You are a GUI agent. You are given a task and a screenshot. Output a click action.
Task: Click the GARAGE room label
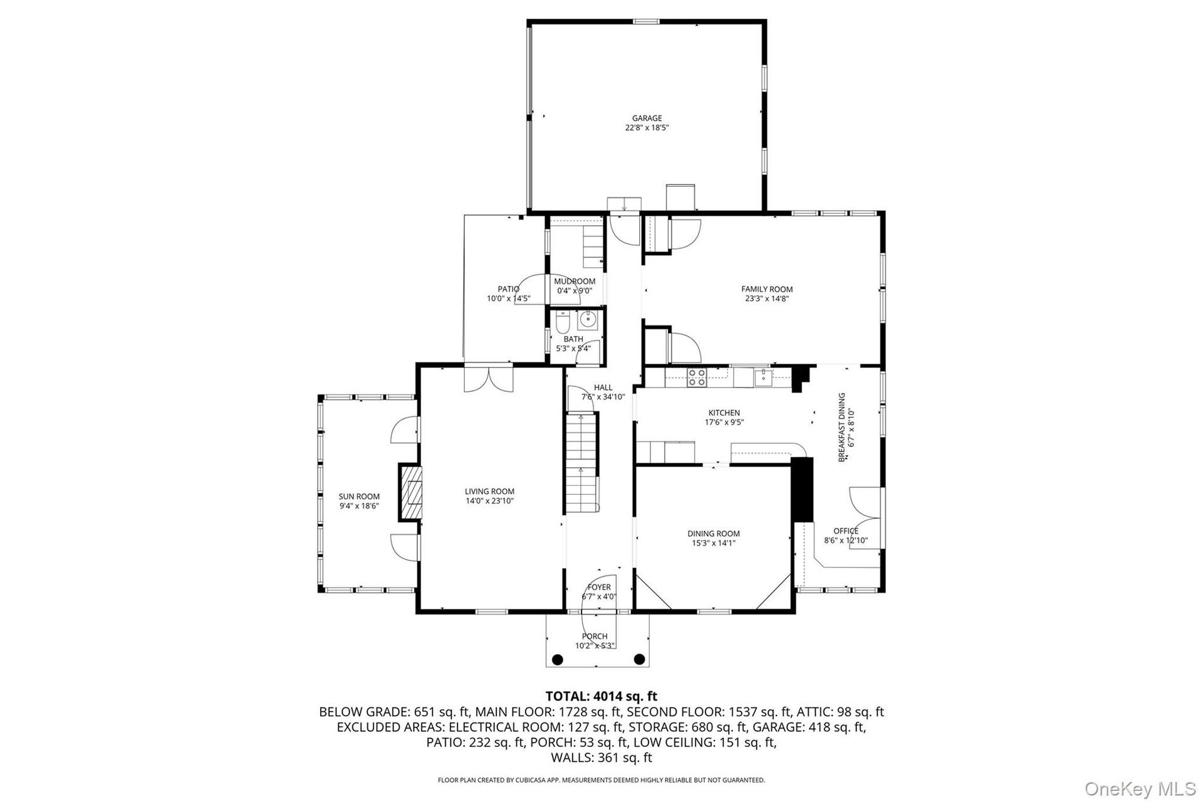pos(647,118)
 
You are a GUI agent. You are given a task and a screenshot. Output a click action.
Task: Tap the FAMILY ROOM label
pos(767,289)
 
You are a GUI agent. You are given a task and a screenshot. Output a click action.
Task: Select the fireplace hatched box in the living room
pos(410,492)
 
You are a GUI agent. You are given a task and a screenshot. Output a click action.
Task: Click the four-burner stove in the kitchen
pos(697,377)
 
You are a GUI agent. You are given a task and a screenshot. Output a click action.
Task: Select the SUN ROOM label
pos(360,497)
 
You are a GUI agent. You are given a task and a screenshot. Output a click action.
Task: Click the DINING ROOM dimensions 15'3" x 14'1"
pos(714,543)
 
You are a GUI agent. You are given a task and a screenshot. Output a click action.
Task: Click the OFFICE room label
pos(846,531)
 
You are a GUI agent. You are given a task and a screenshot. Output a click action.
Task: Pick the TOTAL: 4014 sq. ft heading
pos(601,696)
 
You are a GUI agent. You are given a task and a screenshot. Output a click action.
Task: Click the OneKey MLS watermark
pos(1140,789)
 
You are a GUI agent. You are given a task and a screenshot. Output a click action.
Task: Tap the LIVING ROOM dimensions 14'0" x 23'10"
pos(489,501)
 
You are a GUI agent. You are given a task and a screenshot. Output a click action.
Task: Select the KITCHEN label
pos(724,413)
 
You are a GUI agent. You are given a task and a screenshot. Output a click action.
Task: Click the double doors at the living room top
pos(489,378)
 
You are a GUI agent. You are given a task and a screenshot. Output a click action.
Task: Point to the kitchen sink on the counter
pos(763,377)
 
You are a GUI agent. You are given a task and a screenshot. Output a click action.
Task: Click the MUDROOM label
pos(575,282)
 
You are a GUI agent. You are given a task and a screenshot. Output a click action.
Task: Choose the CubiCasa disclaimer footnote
pos(601,780)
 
